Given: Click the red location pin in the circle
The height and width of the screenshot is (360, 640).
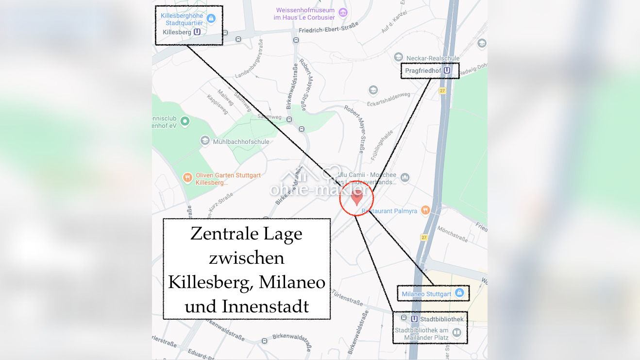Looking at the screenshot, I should [357, 197].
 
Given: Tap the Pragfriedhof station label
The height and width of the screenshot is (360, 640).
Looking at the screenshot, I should [423, 71].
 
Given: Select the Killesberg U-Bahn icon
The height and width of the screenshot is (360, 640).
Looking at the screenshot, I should [197, 32].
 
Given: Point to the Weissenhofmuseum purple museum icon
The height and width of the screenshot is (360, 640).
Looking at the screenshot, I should [343, 13].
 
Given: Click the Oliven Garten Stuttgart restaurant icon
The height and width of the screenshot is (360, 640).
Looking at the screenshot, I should [187, 178].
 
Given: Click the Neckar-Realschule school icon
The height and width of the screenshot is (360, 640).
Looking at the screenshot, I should [399, 57].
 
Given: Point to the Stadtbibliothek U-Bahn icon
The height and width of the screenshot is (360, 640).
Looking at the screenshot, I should [414, 319].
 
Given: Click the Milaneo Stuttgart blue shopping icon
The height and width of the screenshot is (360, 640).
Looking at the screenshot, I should [459, 293].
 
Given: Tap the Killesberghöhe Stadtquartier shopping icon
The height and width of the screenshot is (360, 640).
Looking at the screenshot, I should [211, 18].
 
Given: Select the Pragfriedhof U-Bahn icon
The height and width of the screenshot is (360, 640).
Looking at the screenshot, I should [447, 71].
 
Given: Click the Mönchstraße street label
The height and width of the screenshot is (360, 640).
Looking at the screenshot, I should [452, 233].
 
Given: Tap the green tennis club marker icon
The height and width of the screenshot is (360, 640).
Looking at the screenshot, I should [185, 121].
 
